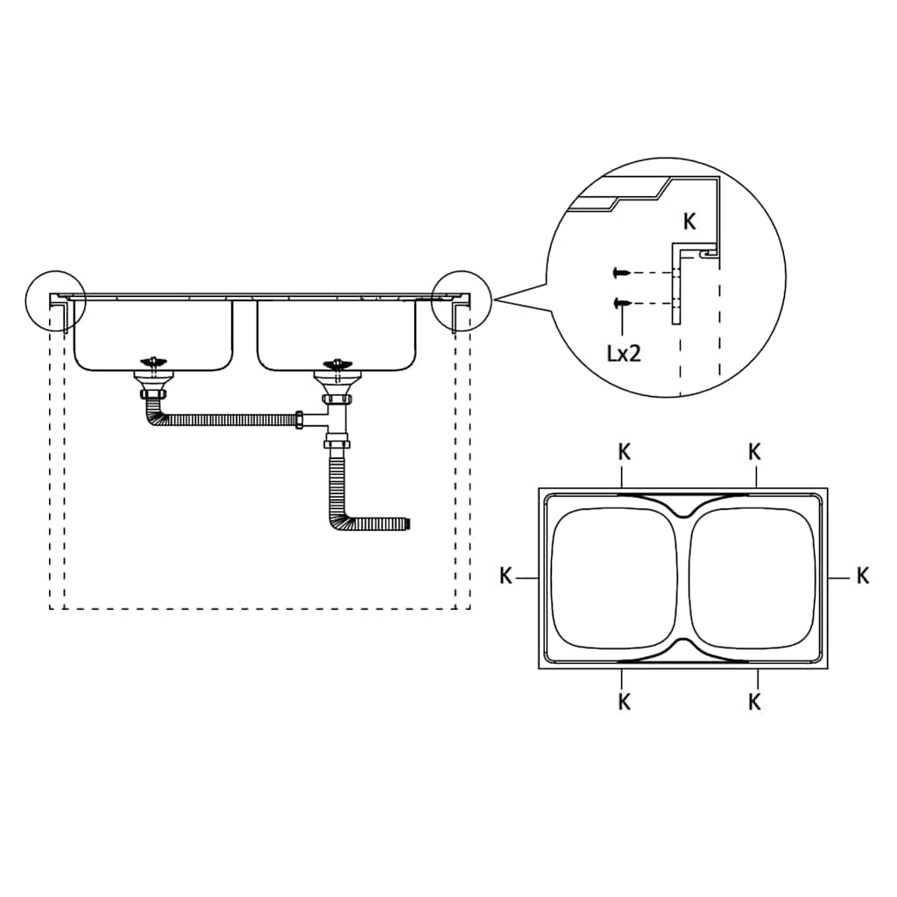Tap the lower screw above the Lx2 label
tap(622, 303)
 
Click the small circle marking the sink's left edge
tap(55, 300)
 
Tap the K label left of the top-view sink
tap(505, 576)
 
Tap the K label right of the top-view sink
tap(863, 576)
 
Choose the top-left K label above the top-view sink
tap(623, 452)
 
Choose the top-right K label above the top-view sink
tap(754, 452)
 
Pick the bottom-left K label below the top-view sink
tap(623, 702)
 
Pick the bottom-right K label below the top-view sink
tap(754, 702)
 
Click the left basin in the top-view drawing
tap(612, 578)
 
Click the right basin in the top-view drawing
tap(753, 578)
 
